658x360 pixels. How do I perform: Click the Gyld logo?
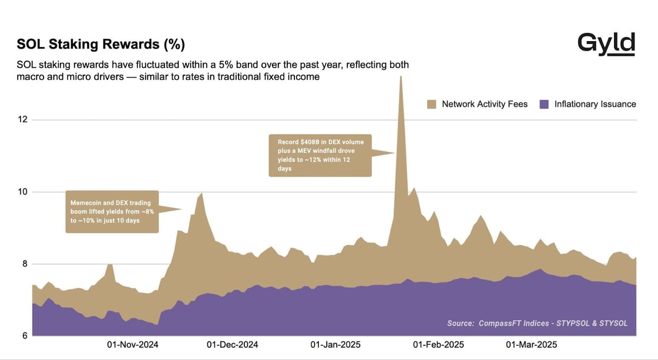click(x=606, y=44)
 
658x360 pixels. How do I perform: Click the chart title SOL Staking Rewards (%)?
click(x=101, y=45)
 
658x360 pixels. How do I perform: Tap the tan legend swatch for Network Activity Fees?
click(x=432, y=104)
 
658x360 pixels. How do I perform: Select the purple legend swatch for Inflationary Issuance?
click(x=544, y=104)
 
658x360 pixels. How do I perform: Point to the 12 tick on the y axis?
click(x=23, y=120)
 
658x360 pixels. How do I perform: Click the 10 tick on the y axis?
click(x=23, y=192)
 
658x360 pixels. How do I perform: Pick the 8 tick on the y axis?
click(x=25, y=264)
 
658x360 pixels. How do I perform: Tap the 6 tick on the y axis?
click(x=25, y=336)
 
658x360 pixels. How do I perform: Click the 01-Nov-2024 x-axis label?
click(x=133, y=344)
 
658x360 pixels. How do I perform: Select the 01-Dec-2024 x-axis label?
click(x=232, y=344)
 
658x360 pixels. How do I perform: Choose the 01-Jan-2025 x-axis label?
click(x=335, y=344)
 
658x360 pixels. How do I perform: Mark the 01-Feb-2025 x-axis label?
click(x=438, y=344)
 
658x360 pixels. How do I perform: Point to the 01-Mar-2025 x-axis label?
click(x=531, y=344)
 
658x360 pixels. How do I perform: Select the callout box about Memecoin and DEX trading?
click(x=112, y=211)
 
